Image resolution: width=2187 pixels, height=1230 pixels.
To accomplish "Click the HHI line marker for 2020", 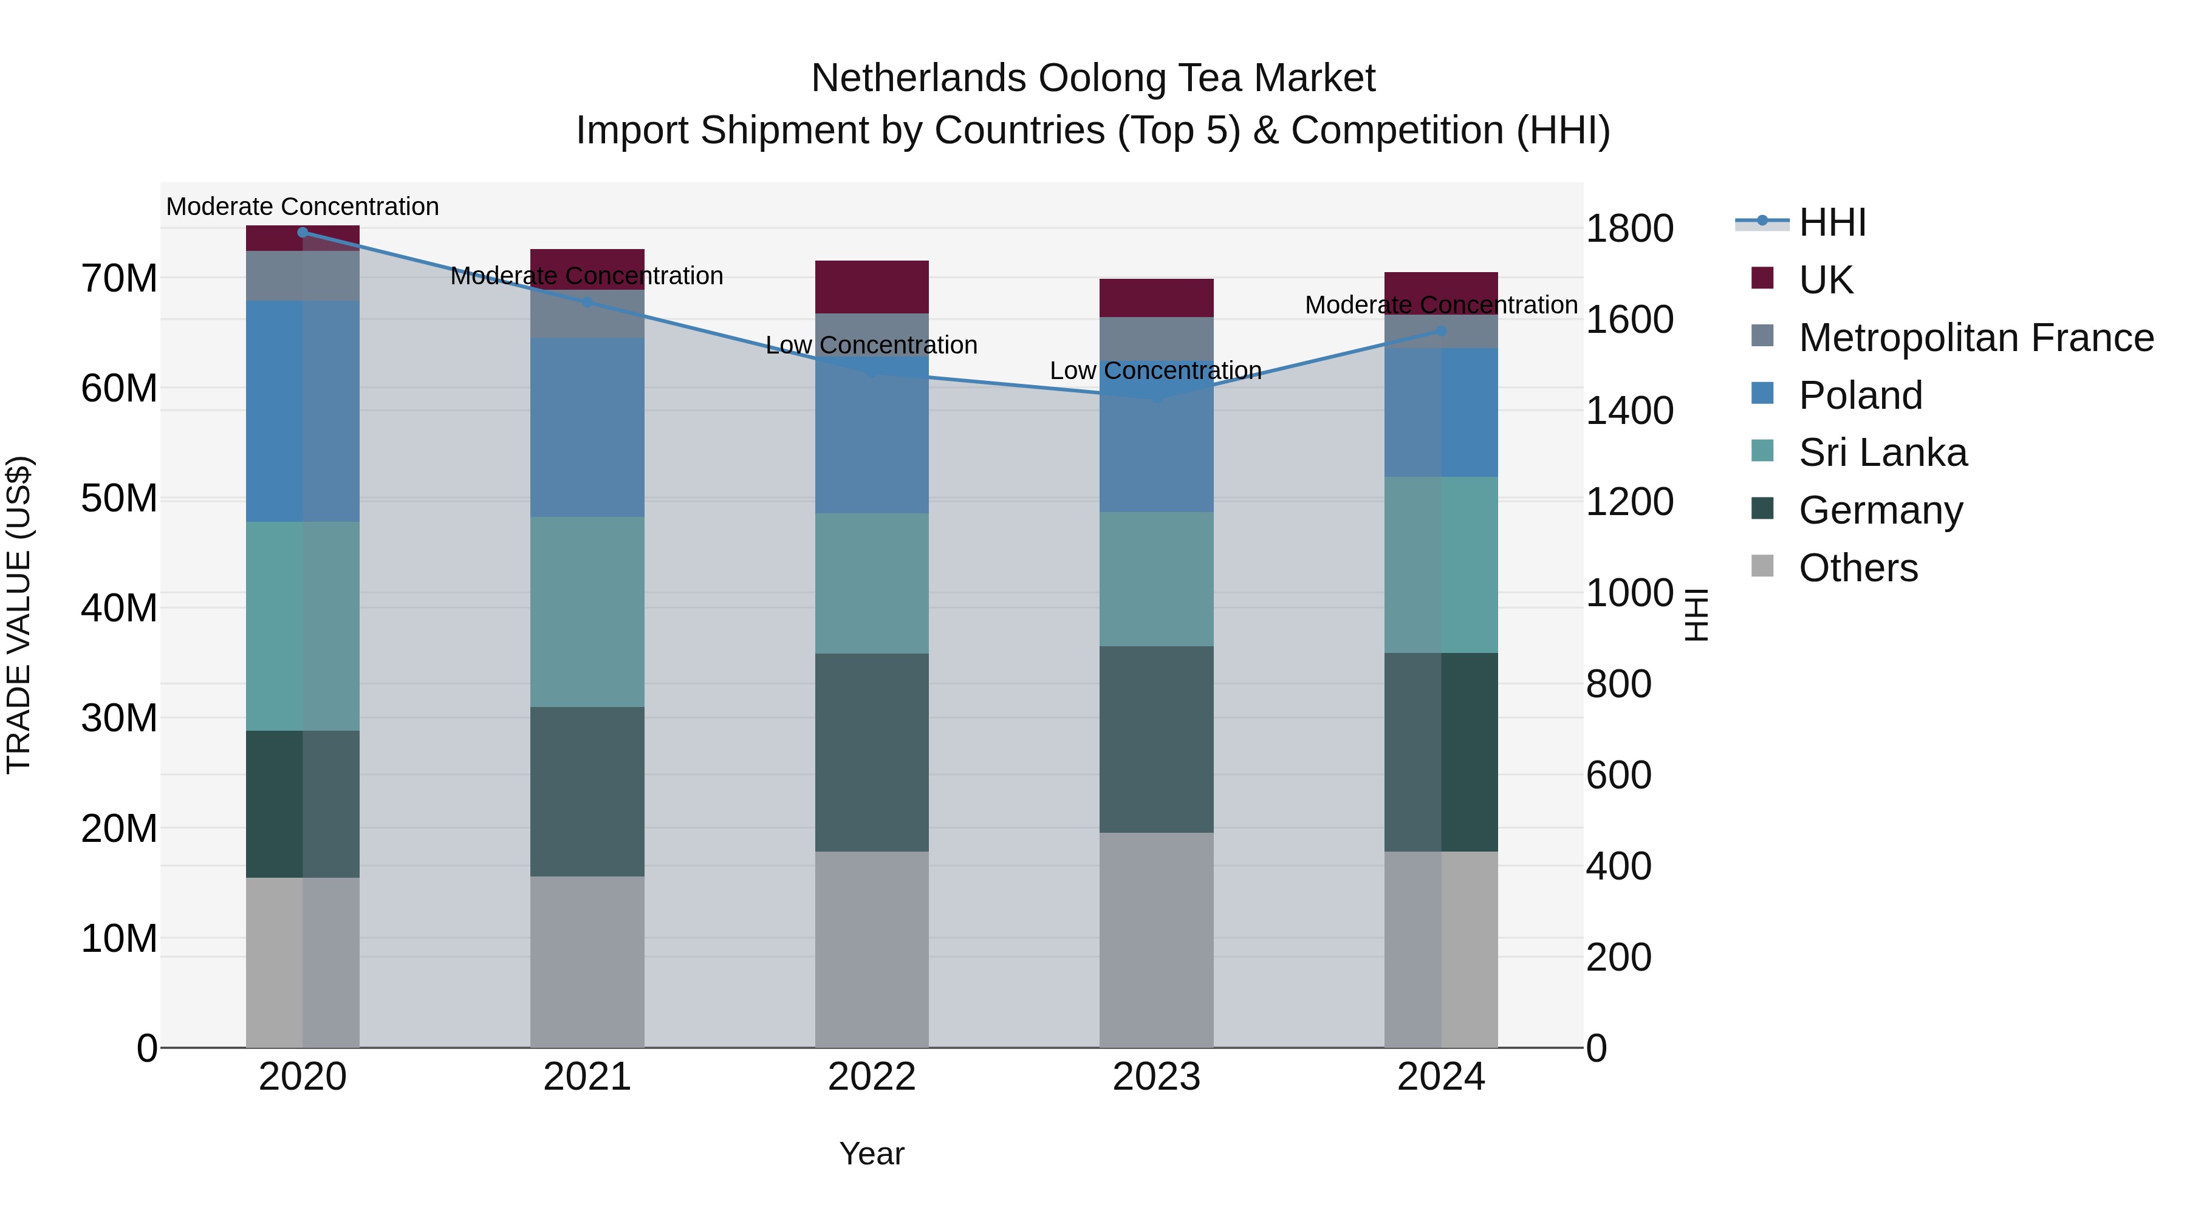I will (x=303, y=232).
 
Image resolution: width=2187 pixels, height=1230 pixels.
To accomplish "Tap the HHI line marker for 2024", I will (x=1441, y=331).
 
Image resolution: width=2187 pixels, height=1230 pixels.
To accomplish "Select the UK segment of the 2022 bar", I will (x=871, y=287).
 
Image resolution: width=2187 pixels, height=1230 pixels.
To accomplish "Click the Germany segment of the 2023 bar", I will (x=1155, y=739).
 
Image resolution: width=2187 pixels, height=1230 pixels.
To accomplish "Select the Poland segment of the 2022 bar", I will (x=871, y=442).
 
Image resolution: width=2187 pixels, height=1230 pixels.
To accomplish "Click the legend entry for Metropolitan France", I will (x=1976, y=338).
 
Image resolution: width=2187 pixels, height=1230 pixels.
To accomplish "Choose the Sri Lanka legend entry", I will (x=1882, y=453).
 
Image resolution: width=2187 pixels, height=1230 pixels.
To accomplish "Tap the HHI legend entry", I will (x=1832, y=222).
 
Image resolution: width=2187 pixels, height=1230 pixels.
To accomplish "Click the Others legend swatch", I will (x=1762, y=566).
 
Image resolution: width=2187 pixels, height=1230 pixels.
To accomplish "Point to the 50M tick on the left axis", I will (x=119, y=498).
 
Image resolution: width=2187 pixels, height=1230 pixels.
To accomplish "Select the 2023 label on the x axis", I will (x=1155, y=1077).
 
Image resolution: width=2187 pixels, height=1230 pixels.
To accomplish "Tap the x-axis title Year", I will (x=871, y=1153).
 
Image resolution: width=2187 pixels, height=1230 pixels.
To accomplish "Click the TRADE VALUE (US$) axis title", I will (x=19, y=615).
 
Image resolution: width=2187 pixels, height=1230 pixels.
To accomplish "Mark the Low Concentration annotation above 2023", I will (x=1155, y=371).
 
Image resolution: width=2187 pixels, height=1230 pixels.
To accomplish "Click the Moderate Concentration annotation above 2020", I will (x=303, y=207).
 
